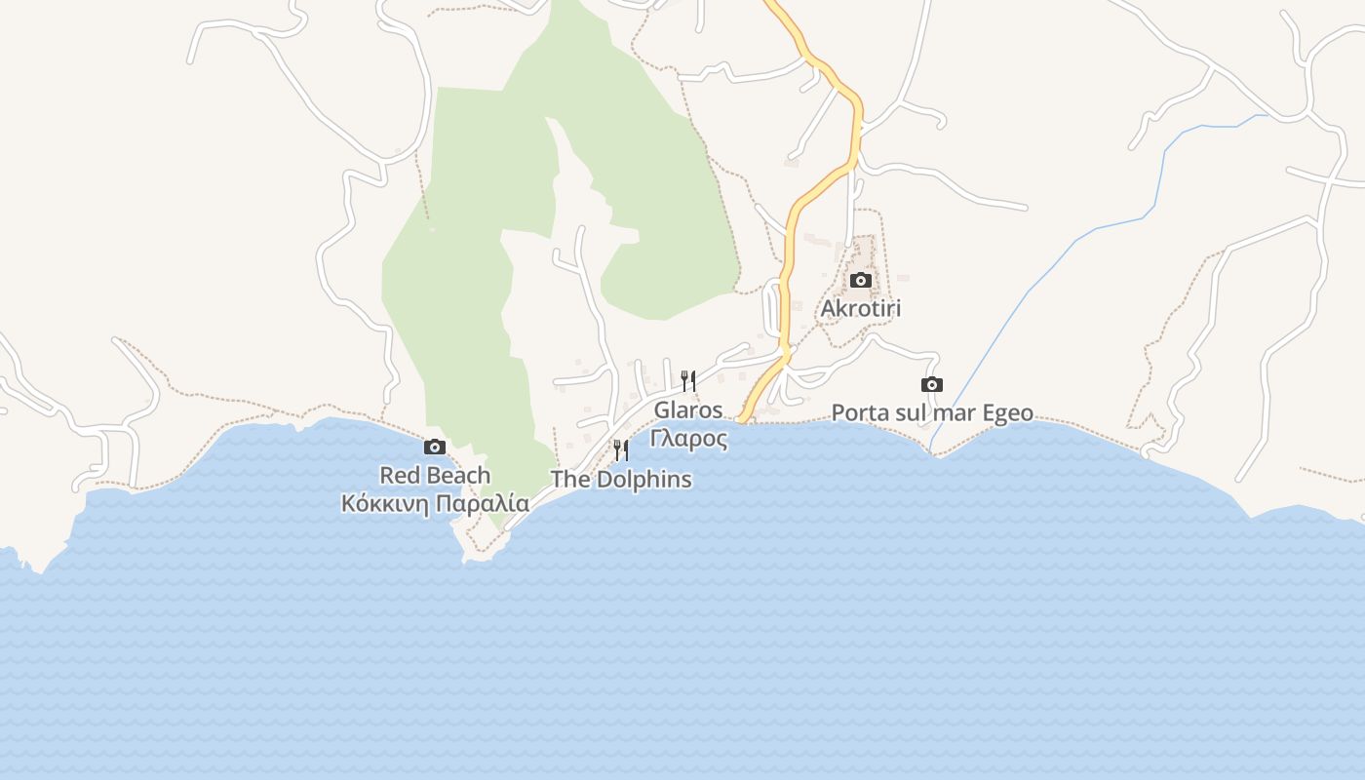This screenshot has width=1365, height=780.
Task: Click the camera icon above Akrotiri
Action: pos(860,281)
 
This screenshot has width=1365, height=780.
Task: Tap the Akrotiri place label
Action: pos(861,309)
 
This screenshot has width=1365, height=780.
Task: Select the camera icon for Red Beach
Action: pos(435,448)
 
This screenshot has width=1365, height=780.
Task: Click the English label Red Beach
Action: pos(435,476)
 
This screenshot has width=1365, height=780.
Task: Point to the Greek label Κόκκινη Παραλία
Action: pos(435,504)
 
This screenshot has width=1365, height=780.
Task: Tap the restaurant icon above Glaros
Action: pos(688,380)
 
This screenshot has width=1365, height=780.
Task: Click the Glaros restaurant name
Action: pos(688,410)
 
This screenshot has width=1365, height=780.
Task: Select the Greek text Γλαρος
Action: pos(688,439)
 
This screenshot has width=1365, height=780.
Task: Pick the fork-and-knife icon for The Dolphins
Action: pos(621,450)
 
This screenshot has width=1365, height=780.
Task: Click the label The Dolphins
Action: pos(621,480)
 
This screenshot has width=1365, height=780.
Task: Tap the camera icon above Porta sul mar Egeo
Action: pos(932,385)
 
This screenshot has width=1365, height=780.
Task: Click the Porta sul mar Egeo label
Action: pos(932,413)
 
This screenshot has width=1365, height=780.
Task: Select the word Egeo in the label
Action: pos(1007,414)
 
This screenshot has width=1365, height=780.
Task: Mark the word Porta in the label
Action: pos(860,413)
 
